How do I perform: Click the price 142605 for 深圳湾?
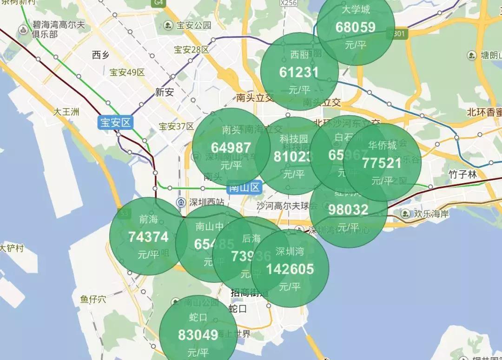click(x=290, y=269)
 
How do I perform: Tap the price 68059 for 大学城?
click(x=356, y=27)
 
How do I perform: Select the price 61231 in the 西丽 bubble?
click(x=299, y=72)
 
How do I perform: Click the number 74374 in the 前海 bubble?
click(x=148, y=237)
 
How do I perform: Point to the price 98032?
click(x=348, y=210)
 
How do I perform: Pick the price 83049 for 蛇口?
click(x=198, y=335)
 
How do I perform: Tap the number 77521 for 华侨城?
click(x=382, y=163)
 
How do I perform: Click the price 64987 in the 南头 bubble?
click(x=231, y=147)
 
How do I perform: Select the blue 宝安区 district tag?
click(x=116, y=123)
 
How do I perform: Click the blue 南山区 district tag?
click(x=244, y=188)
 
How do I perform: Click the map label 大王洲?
click(x=66, y=112)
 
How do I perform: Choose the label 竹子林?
click(x=463, y=174)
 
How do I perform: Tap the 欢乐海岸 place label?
click(x=432, y=214)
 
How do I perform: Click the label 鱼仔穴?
click(x=93, y=299)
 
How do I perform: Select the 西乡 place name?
click(x=100, y=55)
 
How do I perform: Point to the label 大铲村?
click(x=12, y=248)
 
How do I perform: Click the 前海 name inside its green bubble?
click(x=148, y=219)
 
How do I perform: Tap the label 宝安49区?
click(x=127, y=73)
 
